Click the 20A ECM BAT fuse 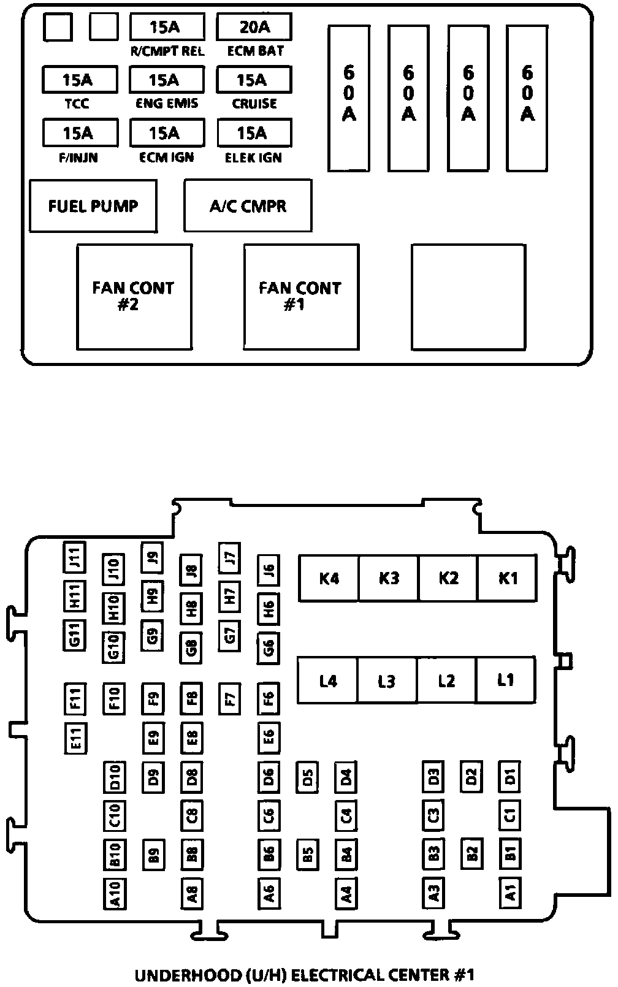tap(254, 27)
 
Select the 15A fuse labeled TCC tap(80, 80)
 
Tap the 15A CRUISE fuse tap(254, 80)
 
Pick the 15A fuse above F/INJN tap(80, 132)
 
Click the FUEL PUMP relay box tap(93, 206)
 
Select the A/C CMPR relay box tap(248, 206)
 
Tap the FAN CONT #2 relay tap(134, 297)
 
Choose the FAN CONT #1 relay tap(301, 297)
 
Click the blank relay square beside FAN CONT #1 tap(468, 297)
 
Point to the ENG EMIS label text tap(167, 104)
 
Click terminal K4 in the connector tap(329, 578)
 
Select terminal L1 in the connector tap(506, 680)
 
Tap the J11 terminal tap(75, 557)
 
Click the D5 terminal tap(307, 778)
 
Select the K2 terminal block tap(448, 578)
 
